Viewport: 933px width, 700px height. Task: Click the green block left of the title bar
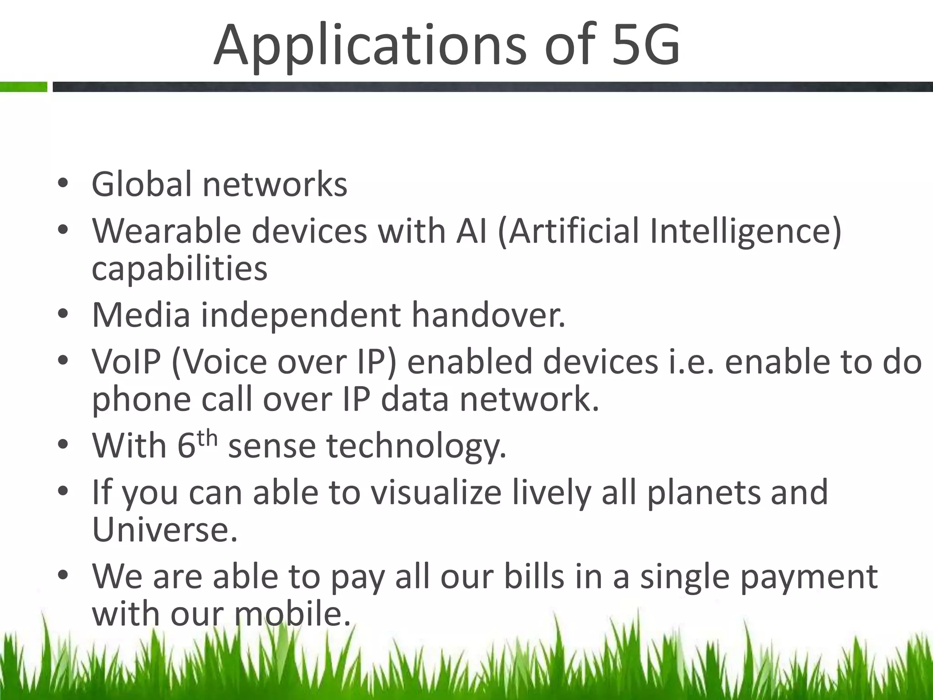(x=23, y=87)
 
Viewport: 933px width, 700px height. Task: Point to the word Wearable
(x=166, y=231)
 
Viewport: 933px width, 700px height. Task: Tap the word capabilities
(x=179, y=269)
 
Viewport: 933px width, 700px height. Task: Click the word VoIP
(x=127, y=361)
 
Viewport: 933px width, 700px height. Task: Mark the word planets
(x=703, y=493)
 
